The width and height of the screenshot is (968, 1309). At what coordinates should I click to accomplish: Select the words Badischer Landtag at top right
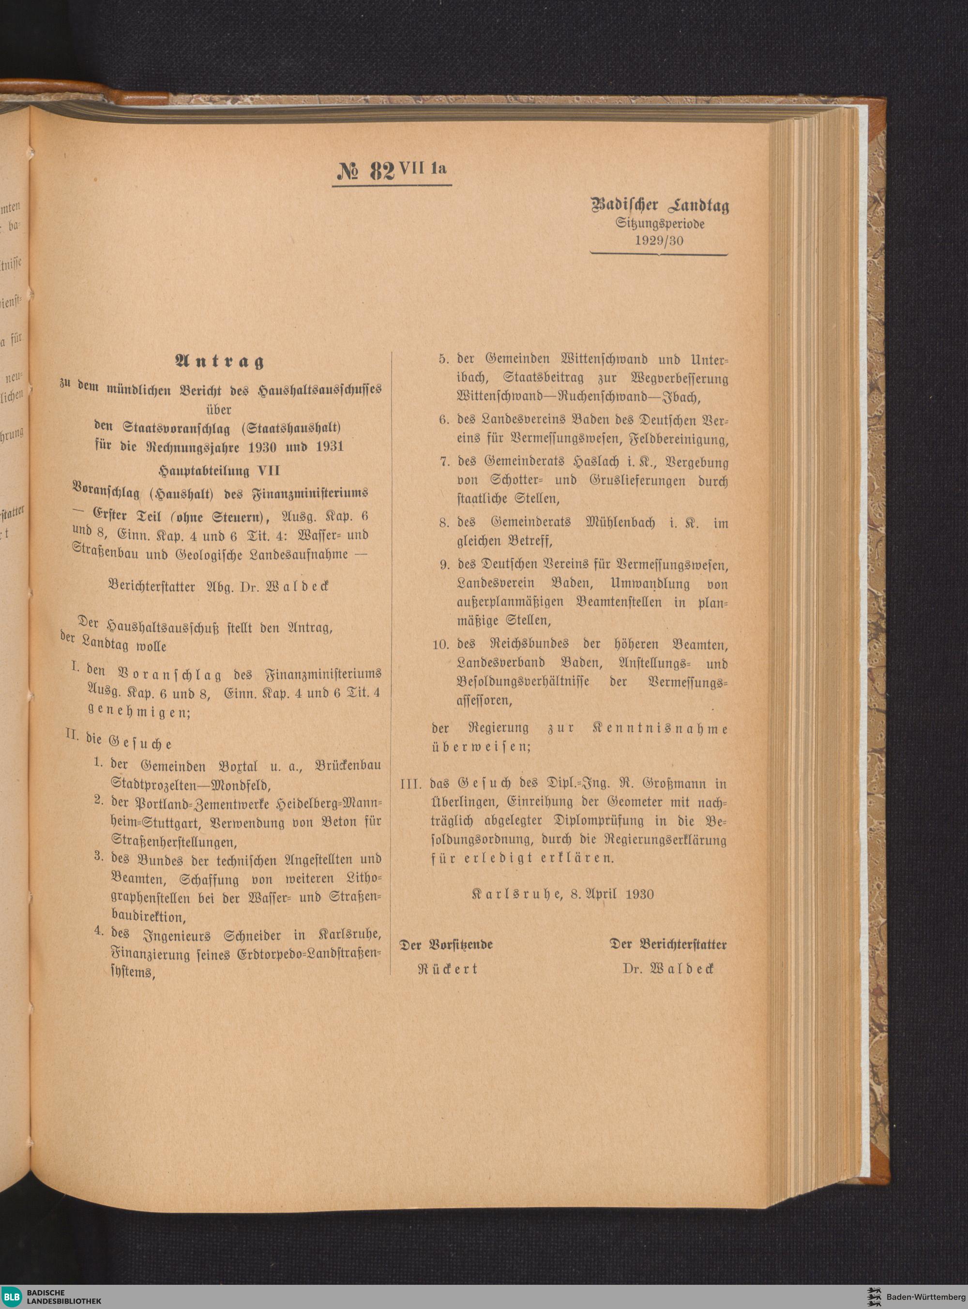[660, 206]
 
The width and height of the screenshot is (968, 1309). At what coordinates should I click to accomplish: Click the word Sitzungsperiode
[660, 223]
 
